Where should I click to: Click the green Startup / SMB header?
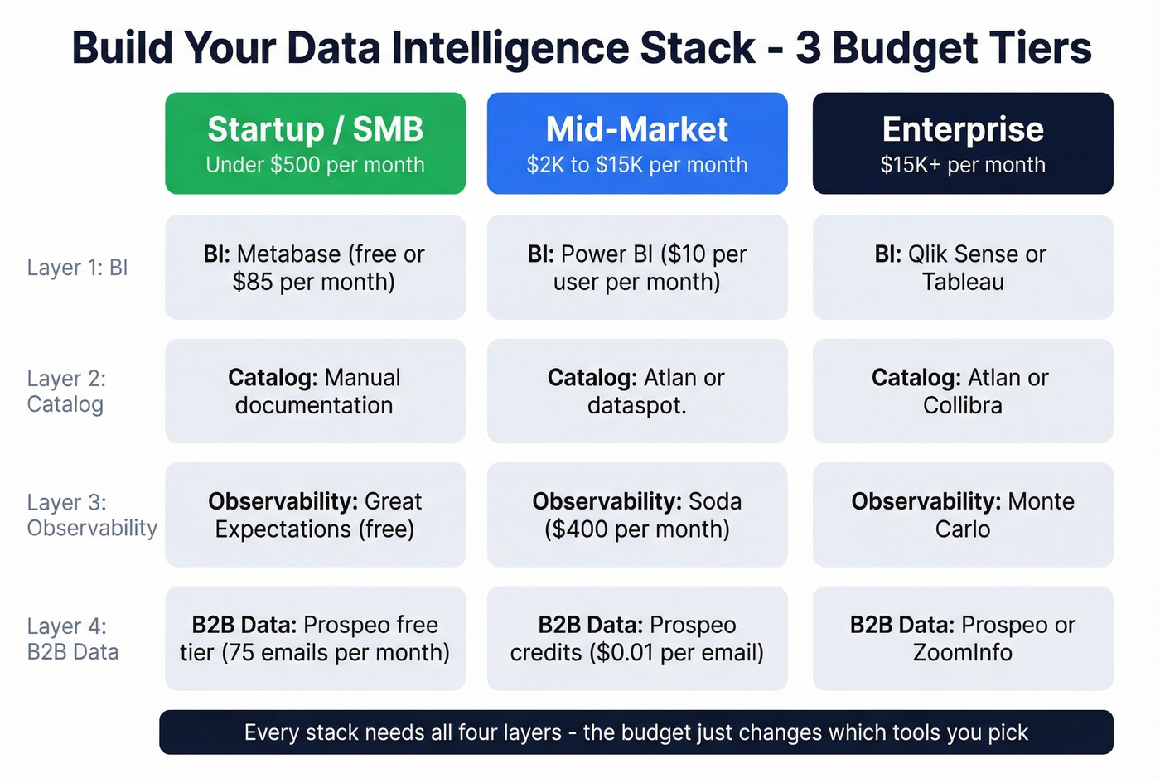[x=315, y=143]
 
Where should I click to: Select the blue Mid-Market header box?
[x=636, y=143]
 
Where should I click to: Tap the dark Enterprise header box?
[x=962, y=143]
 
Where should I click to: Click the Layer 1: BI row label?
[x=77, y=268]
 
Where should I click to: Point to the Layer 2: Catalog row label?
[x=66, y=391]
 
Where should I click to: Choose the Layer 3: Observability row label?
[x=91, y=515]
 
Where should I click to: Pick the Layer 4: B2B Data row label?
[x=73, y=639]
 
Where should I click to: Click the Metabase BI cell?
[x=315, y=268]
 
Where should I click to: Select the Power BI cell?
[x=636, y=268]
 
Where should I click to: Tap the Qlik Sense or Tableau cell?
[x=962, y=268]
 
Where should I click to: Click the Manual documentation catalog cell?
[x=315, y=391]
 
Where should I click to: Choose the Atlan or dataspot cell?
[x=636, y=391]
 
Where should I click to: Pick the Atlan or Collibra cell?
[x=962, y=391]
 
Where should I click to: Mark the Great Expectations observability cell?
[x=315, y=515]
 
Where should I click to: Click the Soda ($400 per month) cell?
[x=636, y=515]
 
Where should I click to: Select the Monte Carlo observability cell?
[x=962, y=515]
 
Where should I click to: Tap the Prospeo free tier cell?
[x=315, y=638]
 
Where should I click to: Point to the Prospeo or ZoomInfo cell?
[x=962, y=638]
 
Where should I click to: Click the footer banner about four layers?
[x=636, y=732]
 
